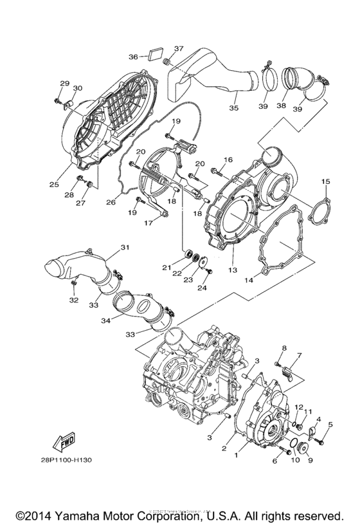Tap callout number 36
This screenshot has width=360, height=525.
click(134, 57)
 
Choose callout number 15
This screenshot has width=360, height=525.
click(326, 182)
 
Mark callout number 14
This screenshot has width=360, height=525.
click(248, 279)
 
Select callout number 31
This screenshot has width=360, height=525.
click(124, 248)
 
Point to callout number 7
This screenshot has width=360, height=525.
click(298, 356)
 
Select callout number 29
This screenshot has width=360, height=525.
click(64, 84)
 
